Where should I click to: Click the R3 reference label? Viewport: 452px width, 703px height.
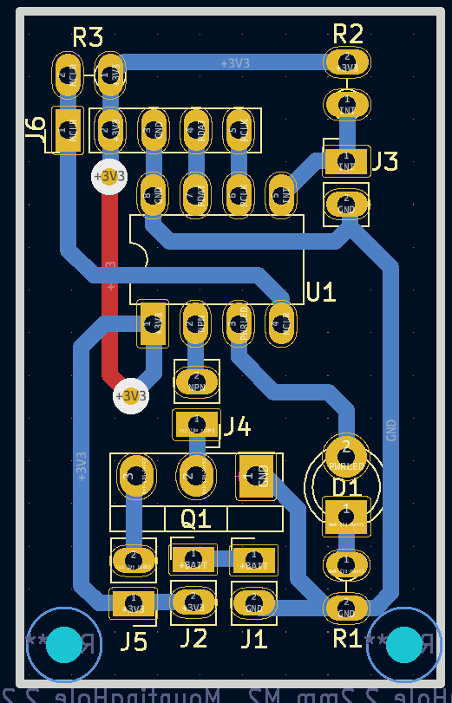88,37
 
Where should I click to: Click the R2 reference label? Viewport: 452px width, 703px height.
347,34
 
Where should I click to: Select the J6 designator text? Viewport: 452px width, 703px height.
36,129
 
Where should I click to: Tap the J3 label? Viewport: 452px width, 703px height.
384,161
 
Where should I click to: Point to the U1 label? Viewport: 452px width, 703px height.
320,292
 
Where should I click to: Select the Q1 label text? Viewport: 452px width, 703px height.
196,518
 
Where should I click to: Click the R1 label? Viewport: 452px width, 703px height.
347,639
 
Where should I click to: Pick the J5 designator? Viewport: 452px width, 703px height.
134,641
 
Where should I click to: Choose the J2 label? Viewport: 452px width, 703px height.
193,639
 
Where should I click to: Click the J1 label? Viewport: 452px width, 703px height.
253,639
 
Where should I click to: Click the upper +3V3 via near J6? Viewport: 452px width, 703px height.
109,176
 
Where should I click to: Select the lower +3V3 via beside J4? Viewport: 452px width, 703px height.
131,396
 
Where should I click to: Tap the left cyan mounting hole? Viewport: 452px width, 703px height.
63,644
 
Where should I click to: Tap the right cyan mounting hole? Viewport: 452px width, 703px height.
403,644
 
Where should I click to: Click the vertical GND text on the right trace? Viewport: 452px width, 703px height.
391,430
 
